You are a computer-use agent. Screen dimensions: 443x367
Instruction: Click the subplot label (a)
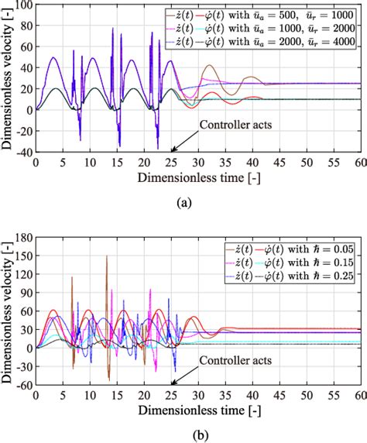coord(183,202)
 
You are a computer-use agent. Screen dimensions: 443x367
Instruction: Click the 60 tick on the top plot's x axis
coord(357,163)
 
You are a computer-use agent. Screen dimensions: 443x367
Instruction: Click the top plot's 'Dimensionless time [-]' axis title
coord(196,178)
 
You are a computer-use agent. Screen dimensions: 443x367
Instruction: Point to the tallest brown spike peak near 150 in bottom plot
coord(106,256)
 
